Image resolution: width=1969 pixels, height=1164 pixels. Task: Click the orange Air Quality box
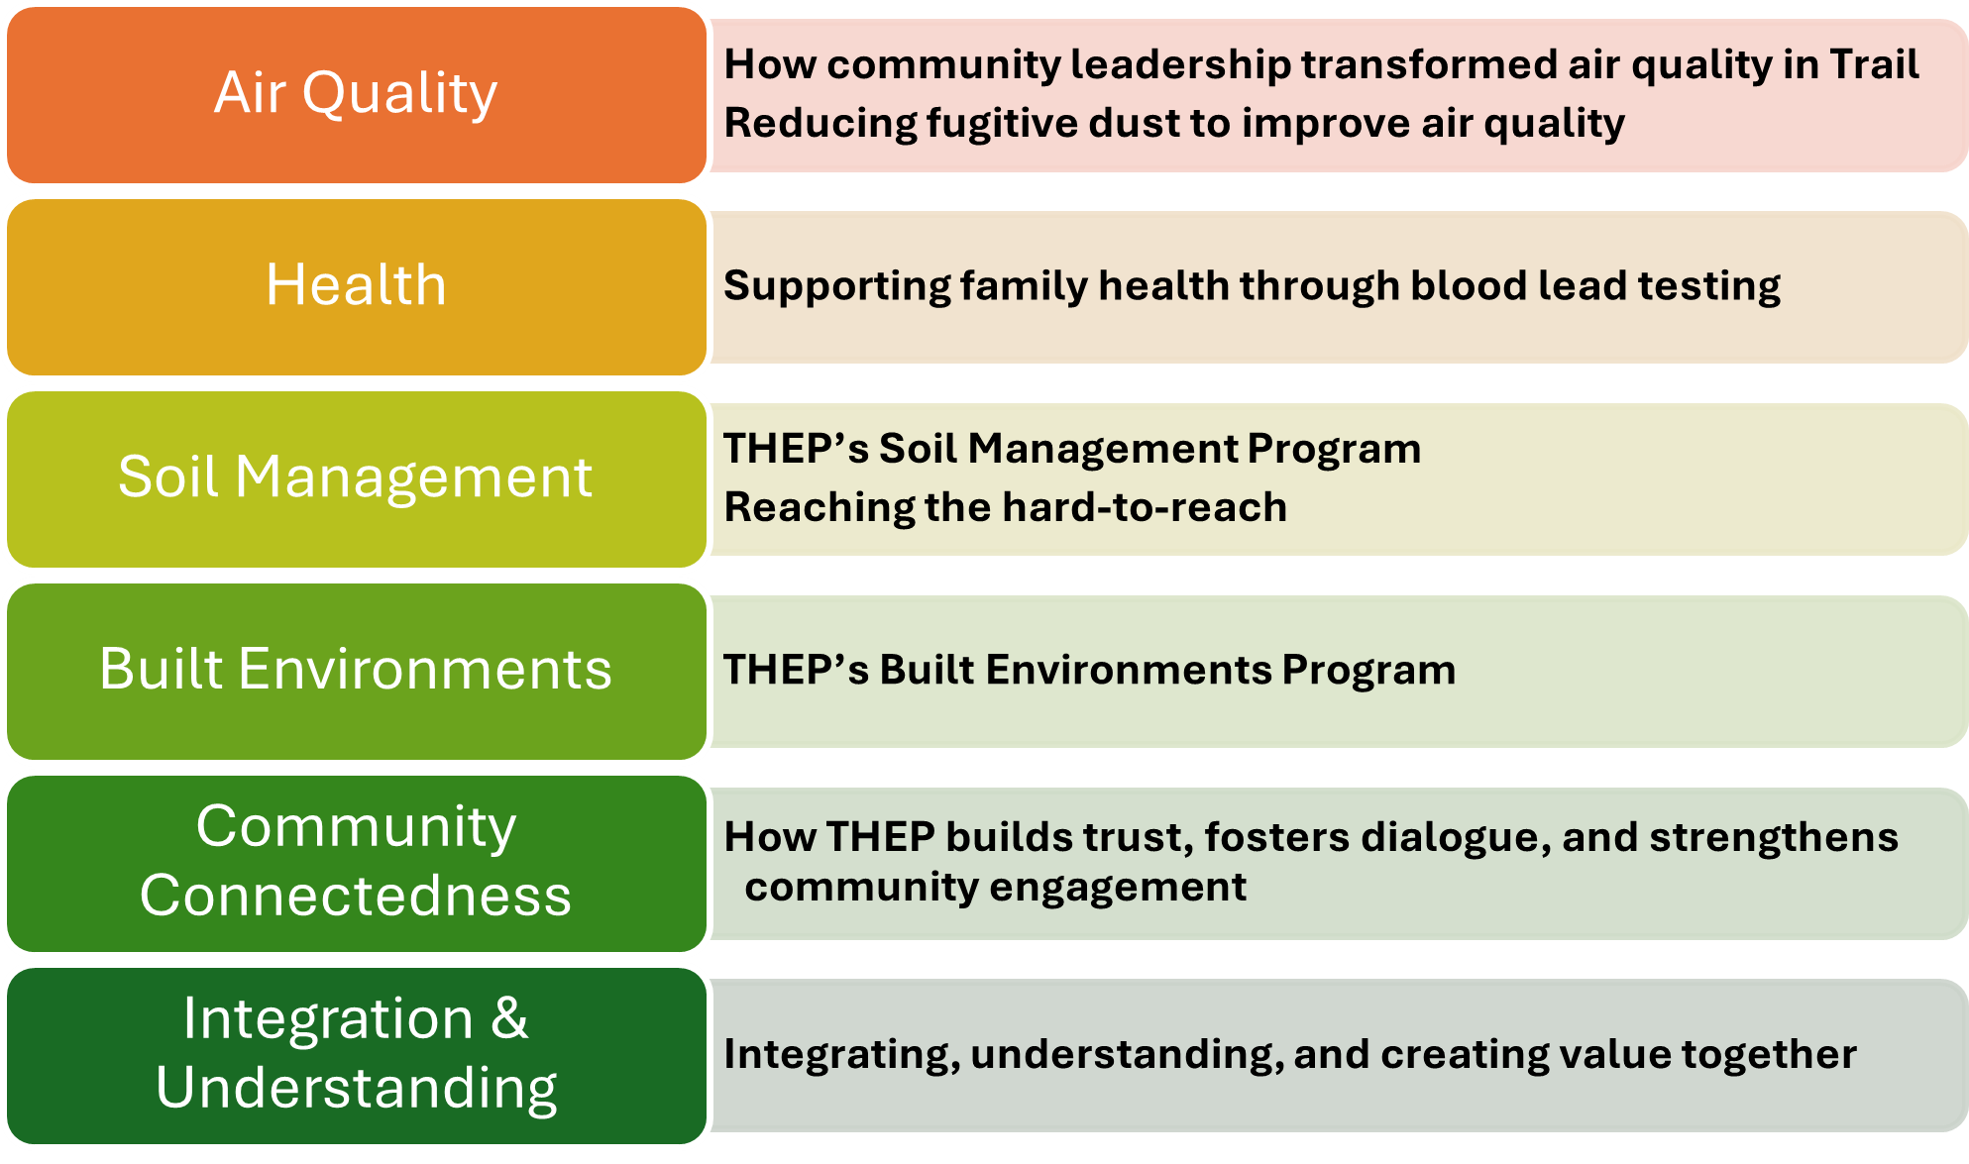coord(357,95)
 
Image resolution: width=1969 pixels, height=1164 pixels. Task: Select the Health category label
coord(357,287)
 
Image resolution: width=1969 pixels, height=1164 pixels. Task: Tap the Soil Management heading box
coord(357,479)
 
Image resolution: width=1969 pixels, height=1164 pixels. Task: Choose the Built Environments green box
coord(357,672)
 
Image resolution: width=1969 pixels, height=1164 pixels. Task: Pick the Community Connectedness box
coord(357,864)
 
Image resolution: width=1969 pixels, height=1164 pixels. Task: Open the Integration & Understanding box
coord(357,1056)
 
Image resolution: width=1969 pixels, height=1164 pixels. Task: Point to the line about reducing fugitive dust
coord(1174,124)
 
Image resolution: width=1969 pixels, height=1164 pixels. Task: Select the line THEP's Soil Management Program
coord(1072,449)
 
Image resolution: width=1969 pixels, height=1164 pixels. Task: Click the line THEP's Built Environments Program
coord(1090,670)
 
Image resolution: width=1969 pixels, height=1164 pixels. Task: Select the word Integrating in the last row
coord(842,1055)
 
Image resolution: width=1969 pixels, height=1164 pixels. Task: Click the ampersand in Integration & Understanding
coord(509,1018)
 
